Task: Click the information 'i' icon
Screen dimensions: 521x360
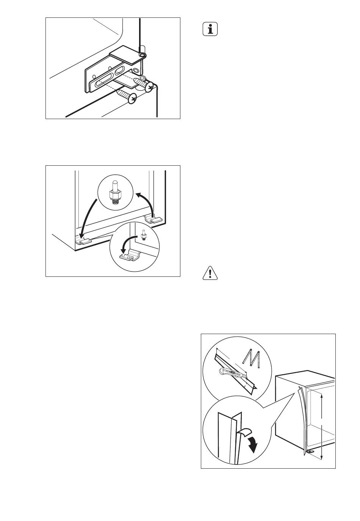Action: (x=210, y=29)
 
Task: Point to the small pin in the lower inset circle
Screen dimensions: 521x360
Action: (x=144, y=235)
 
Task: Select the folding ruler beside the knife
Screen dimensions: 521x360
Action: (x=251, y=359)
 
